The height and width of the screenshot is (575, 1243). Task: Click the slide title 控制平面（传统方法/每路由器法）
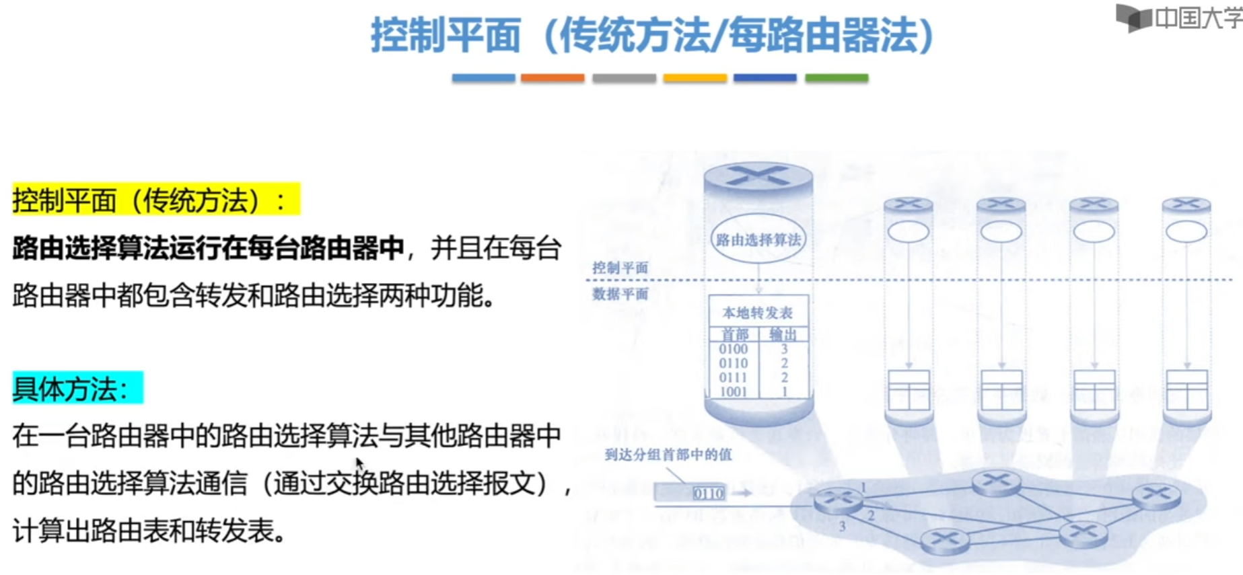click(651, 35)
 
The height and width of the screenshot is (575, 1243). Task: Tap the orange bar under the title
click(553, 78)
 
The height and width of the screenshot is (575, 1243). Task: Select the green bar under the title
click(837, 78)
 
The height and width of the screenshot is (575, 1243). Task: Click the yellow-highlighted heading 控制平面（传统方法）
click(156, 200)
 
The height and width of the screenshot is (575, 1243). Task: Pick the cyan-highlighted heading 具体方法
click(77, 388)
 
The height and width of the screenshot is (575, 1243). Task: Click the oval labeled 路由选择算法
click(758, 239)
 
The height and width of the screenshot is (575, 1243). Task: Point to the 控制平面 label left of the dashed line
click(620, 268)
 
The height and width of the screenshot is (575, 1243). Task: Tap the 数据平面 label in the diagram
click(620, 294)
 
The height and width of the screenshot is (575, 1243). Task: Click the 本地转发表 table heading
click(757, 313)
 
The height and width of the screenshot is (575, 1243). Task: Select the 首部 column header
click(734, 334)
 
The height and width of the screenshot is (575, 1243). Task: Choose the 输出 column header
click(783, 334)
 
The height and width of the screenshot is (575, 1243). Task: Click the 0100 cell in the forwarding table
click(733, 349)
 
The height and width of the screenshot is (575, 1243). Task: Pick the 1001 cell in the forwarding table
click(733, 391)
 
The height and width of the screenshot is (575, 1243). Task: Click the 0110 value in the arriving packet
click(708, 494)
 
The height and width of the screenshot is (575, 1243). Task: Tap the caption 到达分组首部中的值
click(668, 455)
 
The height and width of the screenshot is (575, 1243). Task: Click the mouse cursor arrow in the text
click(360, 465)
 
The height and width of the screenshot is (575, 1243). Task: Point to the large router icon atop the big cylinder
click(758, 176)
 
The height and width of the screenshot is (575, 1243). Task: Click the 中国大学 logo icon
click(1134, 17)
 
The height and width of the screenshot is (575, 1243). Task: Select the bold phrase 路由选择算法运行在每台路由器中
click(208, 248)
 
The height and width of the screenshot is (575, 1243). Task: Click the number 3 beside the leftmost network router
click(842, 527)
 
